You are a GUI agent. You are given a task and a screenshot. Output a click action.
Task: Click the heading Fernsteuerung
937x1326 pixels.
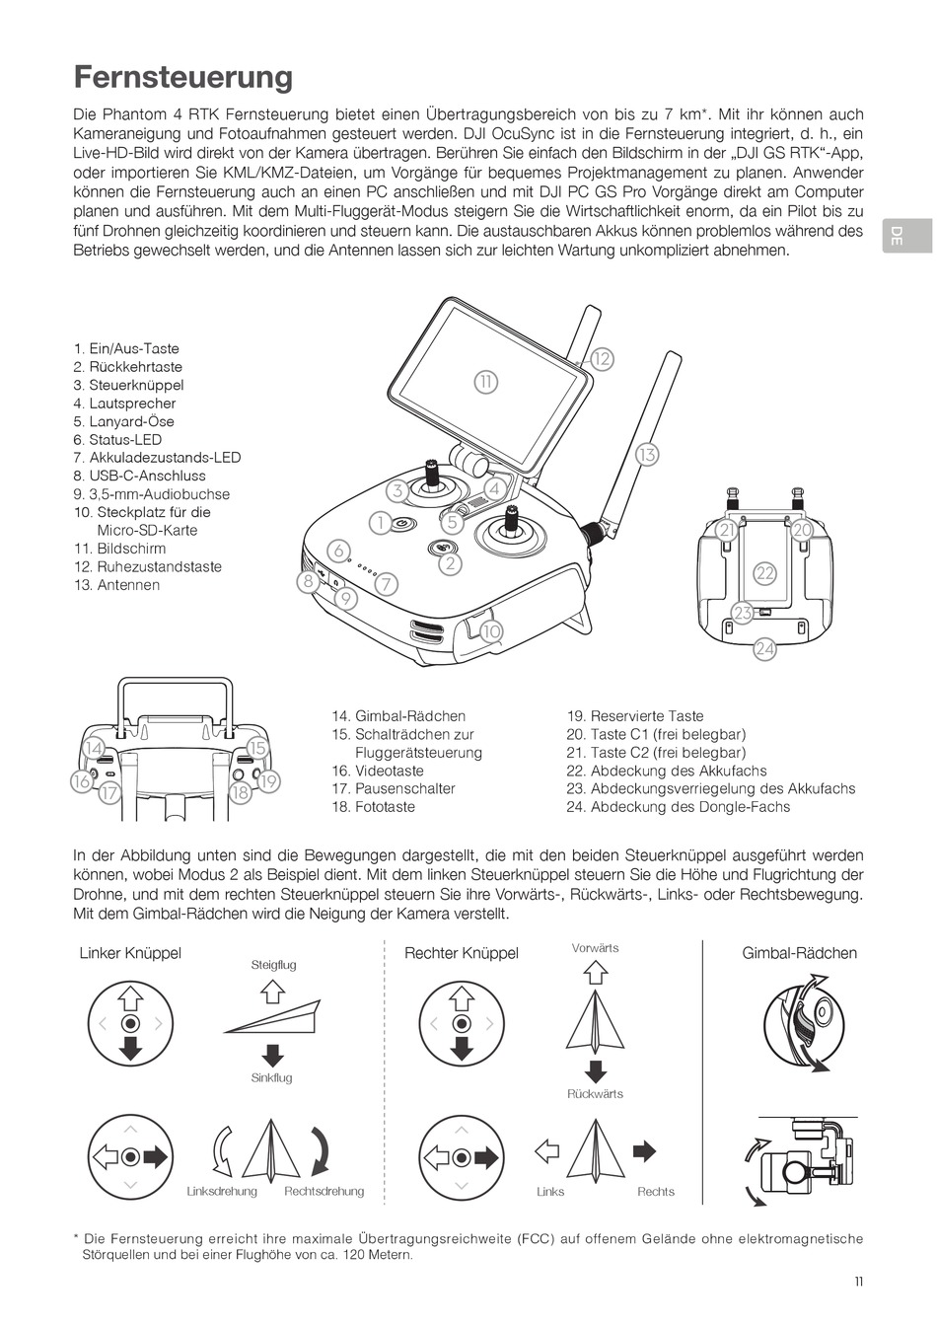[x=183, y=77]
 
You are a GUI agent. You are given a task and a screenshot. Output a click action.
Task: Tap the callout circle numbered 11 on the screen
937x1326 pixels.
[x=485, y=382]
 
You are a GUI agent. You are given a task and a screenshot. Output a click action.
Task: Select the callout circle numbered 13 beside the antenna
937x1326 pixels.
[x=646, y=455]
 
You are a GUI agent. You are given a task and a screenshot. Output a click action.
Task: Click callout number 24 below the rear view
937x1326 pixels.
[x=764, y=648]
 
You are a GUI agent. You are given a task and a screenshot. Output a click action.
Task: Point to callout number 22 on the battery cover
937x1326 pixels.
[x=764, y=573]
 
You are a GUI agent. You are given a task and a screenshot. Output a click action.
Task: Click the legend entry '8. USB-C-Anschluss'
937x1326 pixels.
[x=139, y=476]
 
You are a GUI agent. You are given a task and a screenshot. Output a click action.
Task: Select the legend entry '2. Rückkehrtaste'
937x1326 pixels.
[x=127, y=367]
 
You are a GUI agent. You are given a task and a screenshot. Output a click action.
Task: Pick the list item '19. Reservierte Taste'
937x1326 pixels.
[x=634, y=716]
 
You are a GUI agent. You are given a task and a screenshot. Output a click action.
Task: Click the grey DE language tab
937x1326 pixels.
[x=896, y=235]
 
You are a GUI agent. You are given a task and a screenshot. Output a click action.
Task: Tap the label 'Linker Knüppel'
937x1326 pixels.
[x=130, y=953]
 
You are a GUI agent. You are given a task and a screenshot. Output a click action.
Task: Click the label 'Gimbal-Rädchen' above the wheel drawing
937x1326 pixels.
[x=799, y=953]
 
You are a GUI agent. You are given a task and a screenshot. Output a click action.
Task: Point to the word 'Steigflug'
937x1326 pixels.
[x=273, y=965]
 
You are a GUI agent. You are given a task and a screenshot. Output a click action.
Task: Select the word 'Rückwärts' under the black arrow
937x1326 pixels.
[x=595, y=1094]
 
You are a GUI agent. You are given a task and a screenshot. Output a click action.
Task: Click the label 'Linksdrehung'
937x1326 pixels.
[x=222, y=1192]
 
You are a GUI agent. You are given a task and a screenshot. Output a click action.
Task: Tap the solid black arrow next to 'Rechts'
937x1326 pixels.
[x=644, y=1150]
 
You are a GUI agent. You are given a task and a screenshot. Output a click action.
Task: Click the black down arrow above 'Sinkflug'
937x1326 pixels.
[x=272, y=1053]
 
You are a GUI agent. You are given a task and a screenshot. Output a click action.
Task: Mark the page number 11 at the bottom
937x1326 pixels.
[x=859, y=1282]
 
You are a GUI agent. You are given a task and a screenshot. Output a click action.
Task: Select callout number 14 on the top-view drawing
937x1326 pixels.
[x=94, y=748]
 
